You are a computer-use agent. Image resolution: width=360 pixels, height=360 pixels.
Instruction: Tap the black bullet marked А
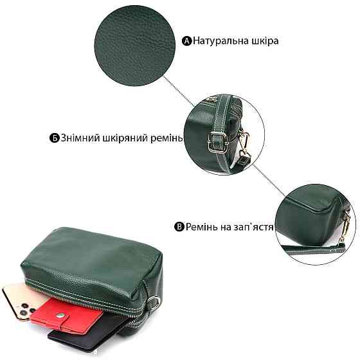click(188, 40)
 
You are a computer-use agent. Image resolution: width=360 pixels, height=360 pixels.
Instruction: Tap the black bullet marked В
click(180, 227)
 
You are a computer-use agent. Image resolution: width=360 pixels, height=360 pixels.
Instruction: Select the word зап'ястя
click(256, 227)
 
